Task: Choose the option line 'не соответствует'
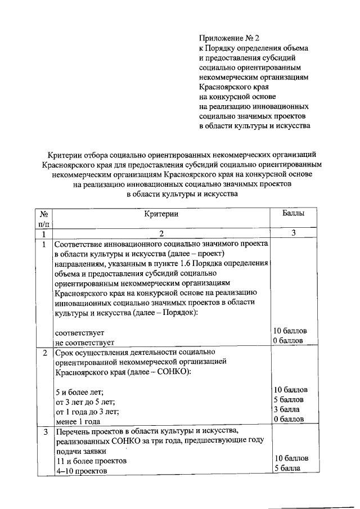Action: [x=84, y=341]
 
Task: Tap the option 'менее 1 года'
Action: [x=78, y=421]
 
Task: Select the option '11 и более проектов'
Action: [x=91, y=460]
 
